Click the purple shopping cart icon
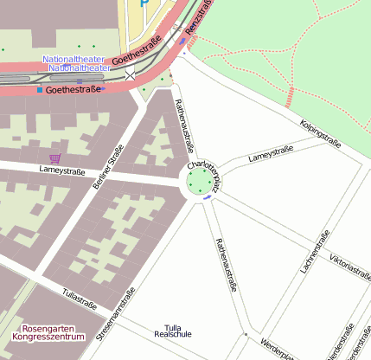[x=55, y=158]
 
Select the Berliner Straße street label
[x=108, y=167]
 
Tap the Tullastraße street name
[x=80, y=299]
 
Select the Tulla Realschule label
[x=172, y=331]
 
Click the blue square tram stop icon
[x=40, y=89]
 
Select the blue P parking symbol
[x=144, y=3]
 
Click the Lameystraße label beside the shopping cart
[x=62, y=171]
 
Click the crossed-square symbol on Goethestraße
[x=131, y=76]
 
